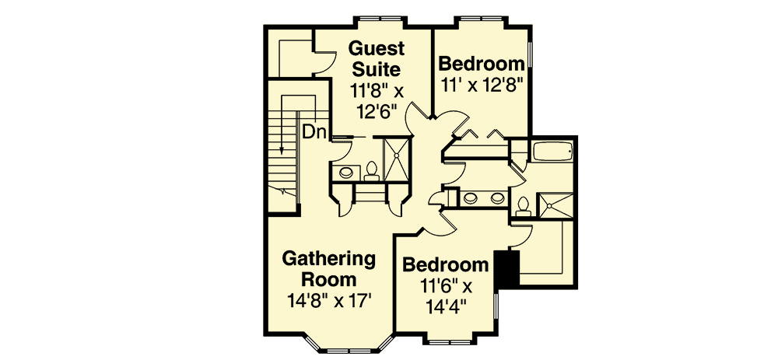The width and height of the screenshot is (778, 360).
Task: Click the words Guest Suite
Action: [376, 58]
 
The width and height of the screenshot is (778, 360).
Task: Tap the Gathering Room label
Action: [328, 268]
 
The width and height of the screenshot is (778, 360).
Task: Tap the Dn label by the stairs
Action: [314, 132]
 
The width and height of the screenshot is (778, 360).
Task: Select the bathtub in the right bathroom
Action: [552, 151]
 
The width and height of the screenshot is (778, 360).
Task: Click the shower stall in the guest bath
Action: [396, 159]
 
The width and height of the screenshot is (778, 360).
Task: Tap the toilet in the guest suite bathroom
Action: [370, 168]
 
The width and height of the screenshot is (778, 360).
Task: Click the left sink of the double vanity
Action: [471, 198]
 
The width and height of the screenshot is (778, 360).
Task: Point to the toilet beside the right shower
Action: [523, 205]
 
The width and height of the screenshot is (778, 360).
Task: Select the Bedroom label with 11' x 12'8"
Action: [482, 64]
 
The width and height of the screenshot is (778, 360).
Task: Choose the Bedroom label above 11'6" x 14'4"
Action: [446, 264]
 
